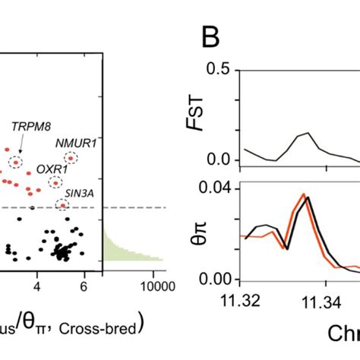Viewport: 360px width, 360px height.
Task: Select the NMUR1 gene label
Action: (71, 141)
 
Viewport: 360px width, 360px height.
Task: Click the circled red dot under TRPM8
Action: (16, 161)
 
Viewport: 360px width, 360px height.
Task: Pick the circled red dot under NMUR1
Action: (71, 158)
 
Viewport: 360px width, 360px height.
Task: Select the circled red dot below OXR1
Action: (55, 182)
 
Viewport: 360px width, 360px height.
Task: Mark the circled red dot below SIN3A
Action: (63, 204)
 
